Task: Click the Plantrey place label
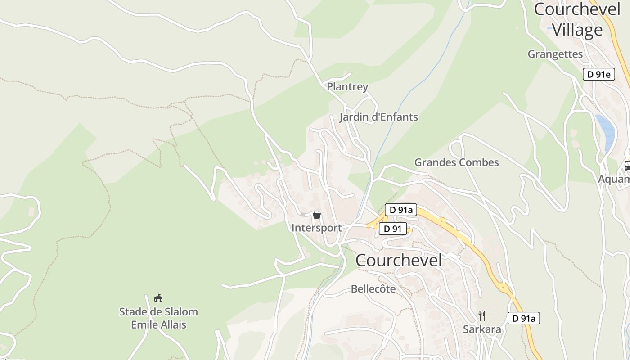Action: (x=347, y=87)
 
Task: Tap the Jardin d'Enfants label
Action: (x=378, y=117)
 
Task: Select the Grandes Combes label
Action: (x=456, y=162)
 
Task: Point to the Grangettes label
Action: (x=555, y=54)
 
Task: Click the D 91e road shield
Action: (x=598, y=75)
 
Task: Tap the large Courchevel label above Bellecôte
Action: (x=399, y=260)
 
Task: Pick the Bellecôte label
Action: (x=373, y=289)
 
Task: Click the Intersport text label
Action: (x=316, y=228)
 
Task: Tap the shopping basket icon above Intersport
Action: (x=317, y=215)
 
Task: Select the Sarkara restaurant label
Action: (x=482, y=329)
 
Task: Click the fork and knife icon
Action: (x=482, y=316)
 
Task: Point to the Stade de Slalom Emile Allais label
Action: (x=158, y=318)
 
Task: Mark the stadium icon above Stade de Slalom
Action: (x=158, y=298)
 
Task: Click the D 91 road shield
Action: (x=392, y=229)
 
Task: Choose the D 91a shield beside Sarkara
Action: (x=524, y=319)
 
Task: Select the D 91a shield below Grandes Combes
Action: (x=401, y=210)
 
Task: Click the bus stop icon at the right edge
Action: (x=627, y=166)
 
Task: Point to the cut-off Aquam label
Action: (x=614, y=179)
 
